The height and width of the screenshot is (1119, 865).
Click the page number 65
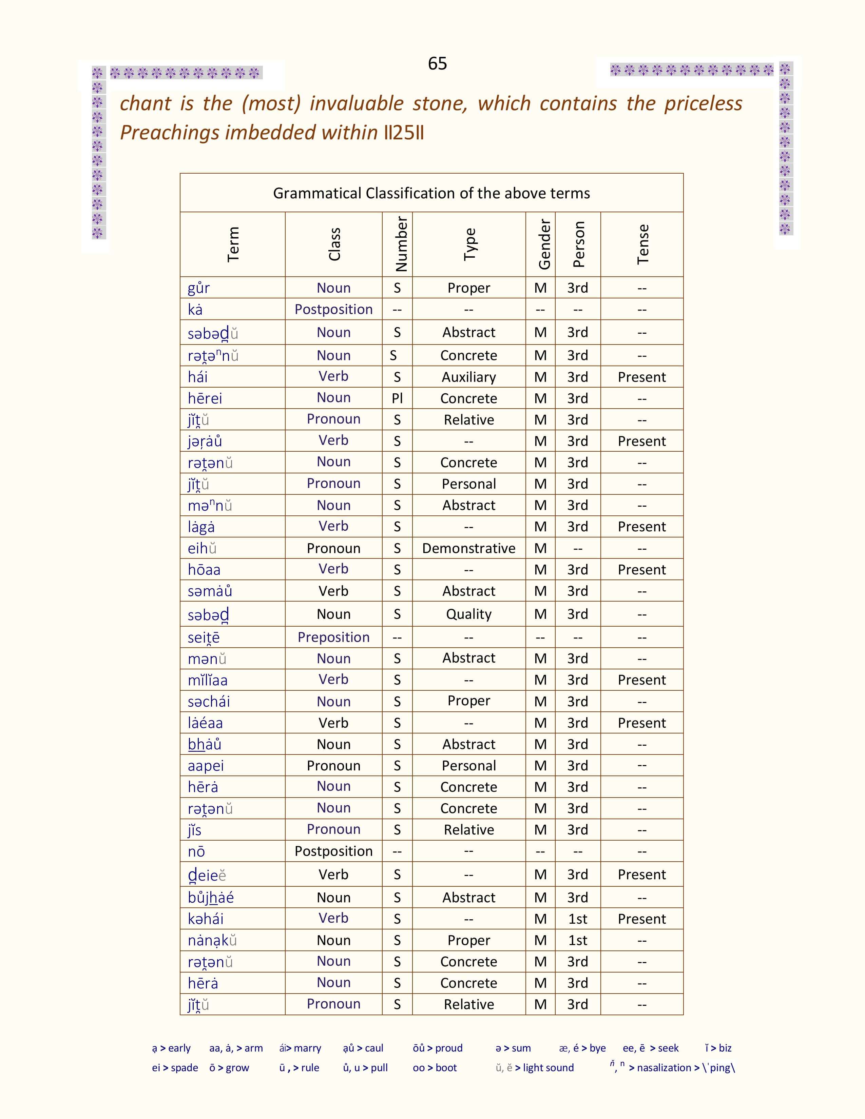437,63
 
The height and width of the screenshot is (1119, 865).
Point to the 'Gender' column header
544,244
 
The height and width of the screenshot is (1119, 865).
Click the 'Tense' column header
642,244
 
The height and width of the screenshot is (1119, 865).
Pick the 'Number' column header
401,244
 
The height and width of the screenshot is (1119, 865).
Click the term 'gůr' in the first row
199,288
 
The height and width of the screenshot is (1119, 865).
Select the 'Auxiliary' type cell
468,377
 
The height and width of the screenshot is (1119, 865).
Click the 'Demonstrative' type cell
468,548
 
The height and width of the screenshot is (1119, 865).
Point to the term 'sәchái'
209,702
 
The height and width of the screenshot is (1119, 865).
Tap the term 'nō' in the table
196,851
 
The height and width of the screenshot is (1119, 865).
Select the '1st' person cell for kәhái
578,919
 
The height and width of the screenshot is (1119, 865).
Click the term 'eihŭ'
202,548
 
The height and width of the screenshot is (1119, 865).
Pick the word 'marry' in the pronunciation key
307,1048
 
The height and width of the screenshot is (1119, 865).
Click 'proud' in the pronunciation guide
448,1048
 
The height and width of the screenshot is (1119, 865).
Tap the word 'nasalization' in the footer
664,1068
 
